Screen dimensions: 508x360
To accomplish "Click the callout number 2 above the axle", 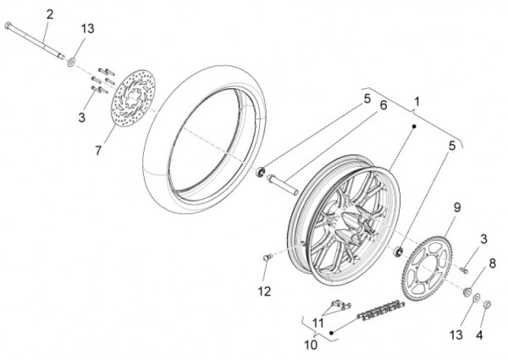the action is pyautogui.click(x=50, y=14).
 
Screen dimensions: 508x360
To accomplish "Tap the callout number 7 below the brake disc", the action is pyautogui.click(x=98, y=150).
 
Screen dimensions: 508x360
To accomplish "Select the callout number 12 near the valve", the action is pyautogui.click(x=264, y=291).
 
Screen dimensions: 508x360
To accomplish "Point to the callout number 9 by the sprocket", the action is pyautogui.click(x=457, y=208).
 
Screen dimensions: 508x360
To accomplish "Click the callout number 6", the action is pyautogui.click(x=384, y=105).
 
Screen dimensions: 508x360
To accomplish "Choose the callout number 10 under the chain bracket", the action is pyautogui.click(x=311, y=345).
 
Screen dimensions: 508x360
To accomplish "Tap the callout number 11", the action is pyautogui.click(x=318, y=323).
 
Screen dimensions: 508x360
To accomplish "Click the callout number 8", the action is pyautogui.click(x=492, y=263).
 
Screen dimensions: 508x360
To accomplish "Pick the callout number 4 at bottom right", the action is pyautogui.click(x=479, y=335).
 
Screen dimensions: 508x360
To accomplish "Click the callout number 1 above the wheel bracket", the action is pyautogui.click(x=417, y=102).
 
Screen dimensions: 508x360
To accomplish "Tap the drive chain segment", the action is pyautogui.click(x=381, y=311).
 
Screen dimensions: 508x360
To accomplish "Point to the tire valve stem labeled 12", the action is pyautogui.click(x=268, y=258).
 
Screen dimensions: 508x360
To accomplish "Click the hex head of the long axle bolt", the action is pyautogui.click(x=8, y=25).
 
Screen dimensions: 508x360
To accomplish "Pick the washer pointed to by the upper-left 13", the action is pyautogui.click(x=71, y=62).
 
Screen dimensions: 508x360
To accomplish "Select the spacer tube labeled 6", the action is pyautogui.click(x=282, y=185).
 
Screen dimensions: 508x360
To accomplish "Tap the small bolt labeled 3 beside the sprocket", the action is pyautogui.click(x=464, y=269).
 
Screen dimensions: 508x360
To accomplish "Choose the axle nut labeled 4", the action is pyautogui.click(x=487, y=305).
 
